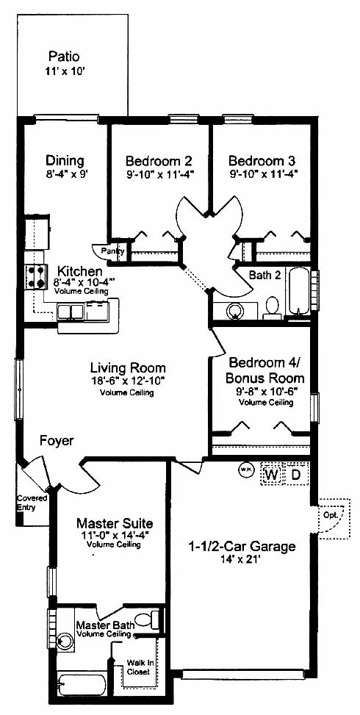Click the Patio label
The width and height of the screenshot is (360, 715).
pyautogui.click(x=64, y=57)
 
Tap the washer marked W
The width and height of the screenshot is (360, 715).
pyautogui.click(x=272, y=475)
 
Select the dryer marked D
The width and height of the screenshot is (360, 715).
pyautogui.click(x=296, y=475)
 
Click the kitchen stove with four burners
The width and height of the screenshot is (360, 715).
pyautogui.click(x=35, y=277)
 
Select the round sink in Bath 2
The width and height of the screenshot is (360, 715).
pyautogui.click(x=235, y=312)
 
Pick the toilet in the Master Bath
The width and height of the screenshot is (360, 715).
pyautogui.click(x=148, y=619)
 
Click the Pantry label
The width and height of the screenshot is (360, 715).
pyautogui.click(x=109, y=251)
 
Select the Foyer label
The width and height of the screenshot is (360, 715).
pyautogui.click(x=57, y=441)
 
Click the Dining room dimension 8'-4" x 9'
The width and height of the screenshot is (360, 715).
pyautogui.click(x=65, y=173)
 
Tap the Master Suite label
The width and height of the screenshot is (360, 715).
pyautogui.click(x=115, y=522)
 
